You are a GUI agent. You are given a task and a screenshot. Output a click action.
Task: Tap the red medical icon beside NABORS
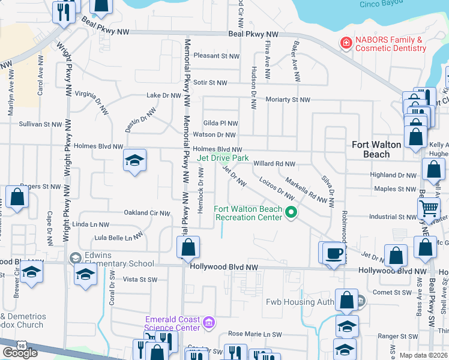(345, 43)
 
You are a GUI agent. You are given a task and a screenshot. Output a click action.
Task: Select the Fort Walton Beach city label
(376, 149)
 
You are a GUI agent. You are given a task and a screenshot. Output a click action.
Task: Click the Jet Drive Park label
(223, 158)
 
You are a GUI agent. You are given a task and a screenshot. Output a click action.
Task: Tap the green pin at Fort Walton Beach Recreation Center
(291, 212)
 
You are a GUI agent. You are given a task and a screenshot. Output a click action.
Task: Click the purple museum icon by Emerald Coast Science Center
(209, 323)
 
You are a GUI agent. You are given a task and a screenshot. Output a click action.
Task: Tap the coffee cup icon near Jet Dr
(333, 253)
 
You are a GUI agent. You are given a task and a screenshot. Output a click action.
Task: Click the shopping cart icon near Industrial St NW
(429, 209)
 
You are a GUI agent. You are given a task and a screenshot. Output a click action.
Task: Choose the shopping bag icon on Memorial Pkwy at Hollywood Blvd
(188, 247)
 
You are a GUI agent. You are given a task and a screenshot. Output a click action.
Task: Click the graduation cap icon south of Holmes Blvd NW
(135, 160)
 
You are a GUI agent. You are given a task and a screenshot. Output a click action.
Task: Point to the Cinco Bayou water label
(381, 4)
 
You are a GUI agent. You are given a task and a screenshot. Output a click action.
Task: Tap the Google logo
(20, 353)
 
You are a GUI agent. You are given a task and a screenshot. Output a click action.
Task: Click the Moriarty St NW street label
(287, 100)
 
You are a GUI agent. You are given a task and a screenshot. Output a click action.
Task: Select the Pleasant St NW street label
(216, 56)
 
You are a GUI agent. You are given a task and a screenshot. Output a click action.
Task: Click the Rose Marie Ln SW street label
(255, 334)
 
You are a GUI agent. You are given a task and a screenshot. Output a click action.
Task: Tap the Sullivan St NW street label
(40, 124)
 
